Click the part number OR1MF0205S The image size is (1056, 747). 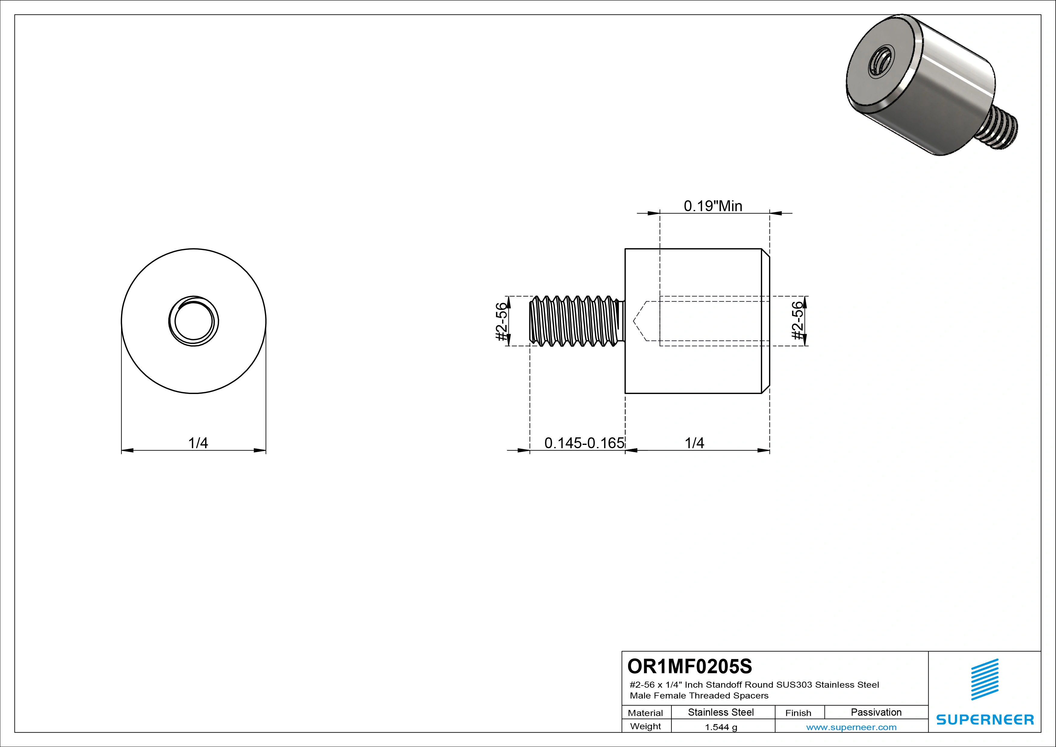(690, 666)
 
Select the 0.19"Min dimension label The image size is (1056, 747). (713, 206)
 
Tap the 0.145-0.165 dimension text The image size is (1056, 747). (584, 443)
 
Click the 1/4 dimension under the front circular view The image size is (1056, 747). (198, 443)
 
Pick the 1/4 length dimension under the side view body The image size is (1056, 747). (694, 443)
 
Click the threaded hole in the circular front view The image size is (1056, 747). (194, 321)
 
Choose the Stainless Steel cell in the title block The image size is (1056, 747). (721, 712)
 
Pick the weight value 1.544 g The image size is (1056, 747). (721, 727)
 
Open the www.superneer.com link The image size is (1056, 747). (851, 727)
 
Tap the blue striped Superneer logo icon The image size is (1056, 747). (984, 680)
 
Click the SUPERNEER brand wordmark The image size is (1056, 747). (985, 719)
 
